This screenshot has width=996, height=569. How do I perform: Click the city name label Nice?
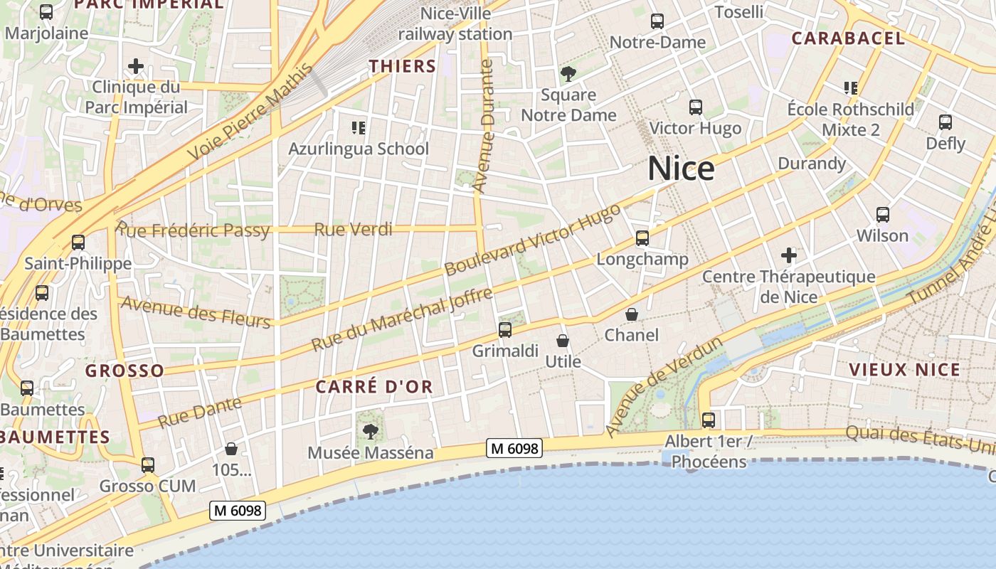pyautogui.click(x=681, y=169)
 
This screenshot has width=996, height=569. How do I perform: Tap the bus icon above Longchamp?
pyautogui.click(x=642, y=238)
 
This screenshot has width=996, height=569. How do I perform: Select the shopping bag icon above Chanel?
pyautogui.click(x=632, y=314)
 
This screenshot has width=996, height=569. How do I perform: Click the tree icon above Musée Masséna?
pyautogui.click(x=370, y=430)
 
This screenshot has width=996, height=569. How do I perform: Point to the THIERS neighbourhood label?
pyautogui.click(x=403, y=66)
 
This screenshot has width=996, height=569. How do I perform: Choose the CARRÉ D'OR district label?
pyautogui.click(x=374, y=387)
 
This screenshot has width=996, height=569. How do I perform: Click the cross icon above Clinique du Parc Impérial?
pyautogui.click(x=136, y=67)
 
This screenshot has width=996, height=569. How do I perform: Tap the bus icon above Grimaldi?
pyautogui.click(x=505, y=329)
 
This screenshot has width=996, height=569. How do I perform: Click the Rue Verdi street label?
pyautogui.click(x=353, y=229)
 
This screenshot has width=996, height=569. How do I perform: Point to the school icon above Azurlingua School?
pyautogui.click(x=358, y=128)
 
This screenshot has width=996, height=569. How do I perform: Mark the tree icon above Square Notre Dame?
pyautogui.click(x=568, y=73)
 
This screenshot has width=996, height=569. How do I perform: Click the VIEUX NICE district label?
pyautogui.click(x=904, y=369)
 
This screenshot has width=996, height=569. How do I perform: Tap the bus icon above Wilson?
pyautogui.click(x=883, y=214)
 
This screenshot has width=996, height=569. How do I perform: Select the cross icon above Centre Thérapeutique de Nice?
pyautogui.click(x=789, y=255)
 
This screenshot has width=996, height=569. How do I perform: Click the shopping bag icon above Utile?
pyautogui.click(x=563, y=341)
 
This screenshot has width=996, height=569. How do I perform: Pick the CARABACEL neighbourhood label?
pyautogui.click(x=848, y=38)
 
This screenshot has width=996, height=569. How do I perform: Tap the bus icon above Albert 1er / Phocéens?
pyautogui.click(x=709, y=420)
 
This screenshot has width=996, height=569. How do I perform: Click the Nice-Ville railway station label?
pyautogui.click(x=455, y=23)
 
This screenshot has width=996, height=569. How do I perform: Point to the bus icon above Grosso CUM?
pyautogui.click(x=147, y=465)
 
